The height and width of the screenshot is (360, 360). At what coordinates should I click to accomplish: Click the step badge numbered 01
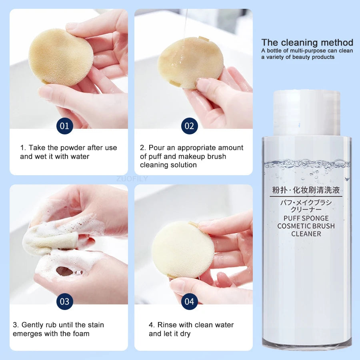coord(65,126)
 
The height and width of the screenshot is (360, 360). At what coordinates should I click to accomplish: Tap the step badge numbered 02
coord(190,126)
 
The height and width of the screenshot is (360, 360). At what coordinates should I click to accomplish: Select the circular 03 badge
coord(65,302)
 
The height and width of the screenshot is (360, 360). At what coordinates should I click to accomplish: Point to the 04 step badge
coord(190,302)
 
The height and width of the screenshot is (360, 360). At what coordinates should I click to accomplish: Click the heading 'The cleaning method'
coord(307,42)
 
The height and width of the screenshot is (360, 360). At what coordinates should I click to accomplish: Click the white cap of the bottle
coord(307,113)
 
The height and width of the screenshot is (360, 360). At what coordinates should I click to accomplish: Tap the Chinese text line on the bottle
coord(306,190)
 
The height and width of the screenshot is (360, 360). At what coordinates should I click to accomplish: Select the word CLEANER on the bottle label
coord(306,234)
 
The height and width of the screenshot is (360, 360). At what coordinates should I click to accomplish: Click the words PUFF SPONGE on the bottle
coord(306,218)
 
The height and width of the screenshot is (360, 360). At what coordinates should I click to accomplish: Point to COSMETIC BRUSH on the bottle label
coord(306,226)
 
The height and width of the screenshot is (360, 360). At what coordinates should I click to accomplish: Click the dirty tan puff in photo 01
coord(61,57)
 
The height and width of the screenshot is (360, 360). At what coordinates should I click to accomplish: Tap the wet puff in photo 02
coord(190,62)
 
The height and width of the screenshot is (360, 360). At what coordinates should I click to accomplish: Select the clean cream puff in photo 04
coord(183,250)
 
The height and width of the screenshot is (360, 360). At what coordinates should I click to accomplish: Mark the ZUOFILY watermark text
coord(132,179)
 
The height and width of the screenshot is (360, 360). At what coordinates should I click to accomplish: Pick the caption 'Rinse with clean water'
coord(191,325)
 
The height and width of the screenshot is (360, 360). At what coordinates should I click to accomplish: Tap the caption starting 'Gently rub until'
coord(58,329)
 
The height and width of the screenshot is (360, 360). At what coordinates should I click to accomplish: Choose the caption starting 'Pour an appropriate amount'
coord(192,156)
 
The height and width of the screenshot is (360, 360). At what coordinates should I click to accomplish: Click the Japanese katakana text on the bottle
coord(306,206)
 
